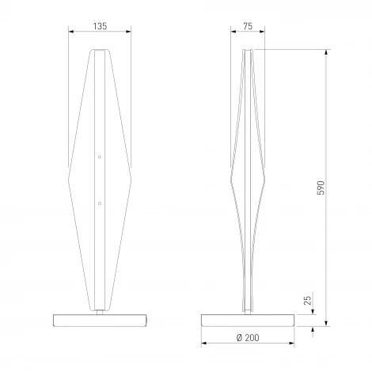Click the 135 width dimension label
pos(100,26)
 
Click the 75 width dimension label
pos(248,26)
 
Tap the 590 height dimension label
pos(321,188)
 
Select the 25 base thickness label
pos(307,300)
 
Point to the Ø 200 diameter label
pos(248,337)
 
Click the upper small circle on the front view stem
pos(100,157)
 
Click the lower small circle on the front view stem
pos(100,203)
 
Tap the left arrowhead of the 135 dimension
pos(71,32)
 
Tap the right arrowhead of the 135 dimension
pos(128,32)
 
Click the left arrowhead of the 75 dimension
pos(233,32)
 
